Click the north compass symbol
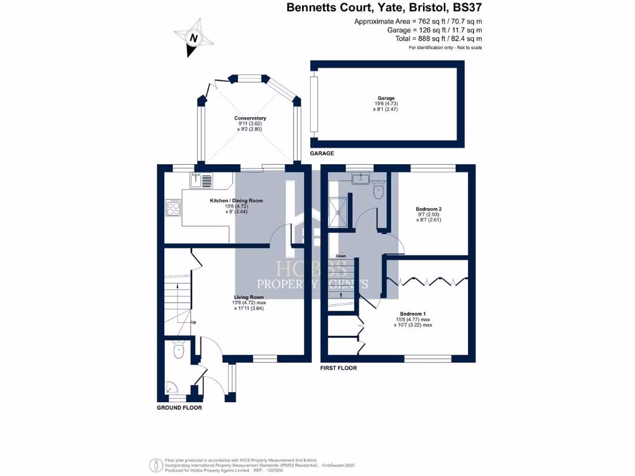pos(194,38)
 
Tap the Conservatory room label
pos(250,118)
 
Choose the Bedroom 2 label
pos(428,209)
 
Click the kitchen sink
pos(202,180)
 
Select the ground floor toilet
pos(179,350)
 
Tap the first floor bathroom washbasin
pos(360,179)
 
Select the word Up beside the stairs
pos(193,322)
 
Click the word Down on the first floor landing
pos(340,256)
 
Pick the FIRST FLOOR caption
pos(339,368)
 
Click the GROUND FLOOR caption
pos(179,408)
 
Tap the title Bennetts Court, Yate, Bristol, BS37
pos(383,8)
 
